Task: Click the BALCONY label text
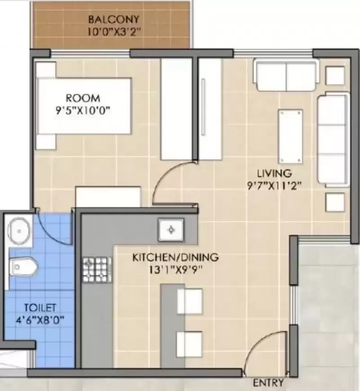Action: pyautogui.click(x=114, y=20)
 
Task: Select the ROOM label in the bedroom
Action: pyautogui.click(x=83, y=98)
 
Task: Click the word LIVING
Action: pyautogui.click(x=274, y=173)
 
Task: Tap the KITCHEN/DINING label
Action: pyautogui.click(x=175, y=258)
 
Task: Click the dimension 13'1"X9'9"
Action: pyautogui.click(x=175, y=271)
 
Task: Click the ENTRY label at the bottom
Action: pyautogui.click(x=268, y=383)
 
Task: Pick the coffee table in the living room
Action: pyautogui.click(x=290, y=136)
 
